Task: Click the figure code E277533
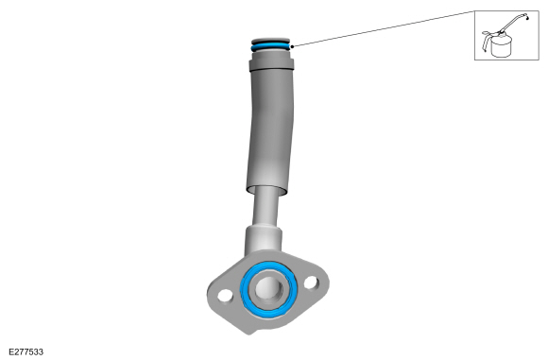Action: [x=26, y=351]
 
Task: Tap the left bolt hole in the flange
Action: [x=225, y=297]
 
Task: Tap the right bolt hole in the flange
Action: [x=311, y=283]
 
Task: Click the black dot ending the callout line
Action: [x=292, y=46]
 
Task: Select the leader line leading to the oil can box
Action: [x=384, y=28]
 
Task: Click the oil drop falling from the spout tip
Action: [x=527, y=17]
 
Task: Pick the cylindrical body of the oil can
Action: [x=502, y=45]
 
